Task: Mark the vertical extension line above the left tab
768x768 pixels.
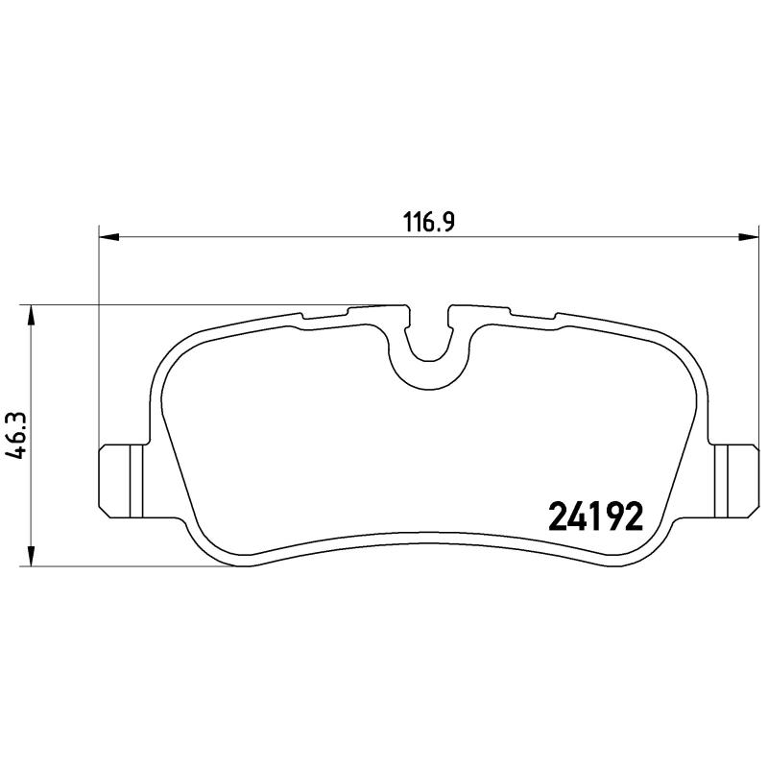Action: pos(100,336)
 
